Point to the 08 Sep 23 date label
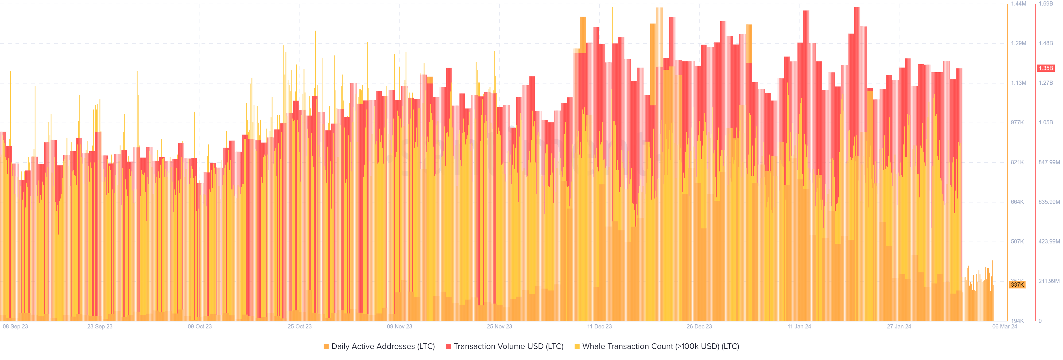(x=15, y=326)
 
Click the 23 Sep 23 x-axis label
(x=100, y=326)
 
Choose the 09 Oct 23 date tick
(x=200, y=326)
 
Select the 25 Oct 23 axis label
(x=300, y=326)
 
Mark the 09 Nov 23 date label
(x=399, y=326)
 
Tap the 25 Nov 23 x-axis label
(x=499, y=326)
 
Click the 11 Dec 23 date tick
(x=600, y=326)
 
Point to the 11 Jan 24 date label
(x=799, y=326)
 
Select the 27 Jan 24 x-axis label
(x=899, y=326)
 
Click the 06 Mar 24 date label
(x=1004, y=326)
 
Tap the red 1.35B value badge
(x=1046, y=68)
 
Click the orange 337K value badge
(x=1017, y=284)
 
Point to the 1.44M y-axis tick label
(x=1018, y=4)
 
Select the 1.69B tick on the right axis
(x=1046, y=4)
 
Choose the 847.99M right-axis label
(x=1049, y=162)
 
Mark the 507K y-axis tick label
(x=1017, y=241)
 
